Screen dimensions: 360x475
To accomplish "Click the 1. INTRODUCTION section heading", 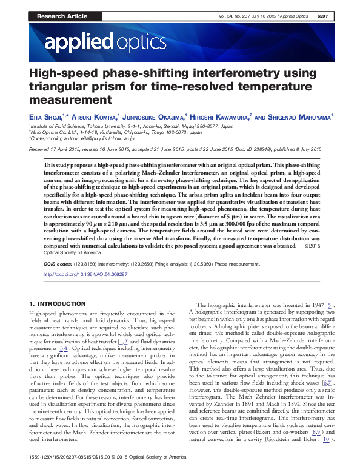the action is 58,303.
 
